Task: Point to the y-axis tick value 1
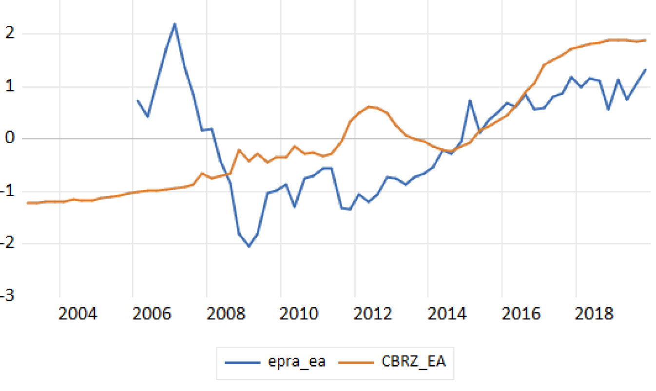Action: click(8, 87)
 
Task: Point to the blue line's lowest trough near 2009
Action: click(249, 246)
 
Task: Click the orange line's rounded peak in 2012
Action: click(369, 106)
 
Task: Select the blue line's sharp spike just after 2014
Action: click(470, 100)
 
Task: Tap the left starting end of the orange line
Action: click(28, 203)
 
